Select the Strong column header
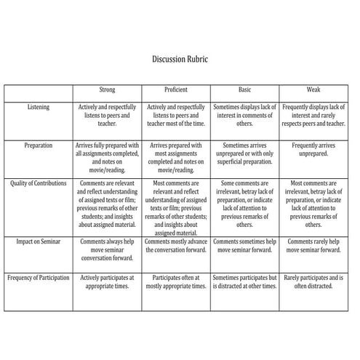point(107,89)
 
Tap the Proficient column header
point(175,89)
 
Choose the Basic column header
point(244,89)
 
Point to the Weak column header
point(313,89)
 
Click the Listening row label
point(39,107)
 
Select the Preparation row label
point(39,145)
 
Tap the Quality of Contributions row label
point(39,183)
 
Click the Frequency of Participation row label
point(39,278)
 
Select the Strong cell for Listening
point(107,115)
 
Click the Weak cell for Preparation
point(313,149)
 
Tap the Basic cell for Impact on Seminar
point(244,246)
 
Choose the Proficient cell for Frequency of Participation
point(175,282)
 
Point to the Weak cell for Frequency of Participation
point(313,282)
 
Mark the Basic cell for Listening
point(244,115)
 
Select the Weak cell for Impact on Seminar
point(313,246)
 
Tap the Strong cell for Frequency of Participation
point(107,282)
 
